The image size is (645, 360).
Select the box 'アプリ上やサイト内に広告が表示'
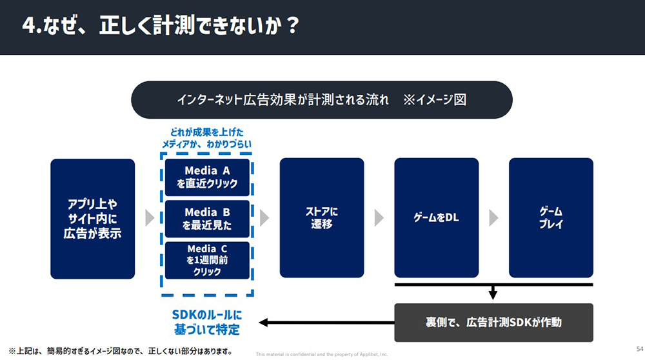[x=93, y=218]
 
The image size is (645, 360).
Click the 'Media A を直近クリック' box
[x=207, y=177]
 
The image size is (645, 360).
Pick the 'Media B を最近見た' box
[x=207, y=219]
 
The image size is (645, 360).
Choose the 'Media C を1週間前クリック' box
[x=207, y=259]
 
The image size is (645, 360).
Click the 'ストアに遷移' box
[x=322, y=218]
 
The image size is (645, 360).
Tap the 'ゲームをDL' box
[x=436, y=218]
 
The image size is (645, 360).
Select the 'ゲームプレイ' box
[x=551, y=218]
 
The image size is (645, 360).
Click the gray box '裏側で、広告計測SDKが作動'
[x=493, y=322]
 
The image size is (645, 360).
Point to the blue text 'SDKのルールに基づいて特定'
[x=206, y=322]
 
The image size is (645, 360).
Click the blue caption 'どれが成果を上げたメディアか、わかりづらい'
[x=207, y=139]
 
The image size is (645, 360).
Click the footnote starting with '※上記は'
[x=120, y=352]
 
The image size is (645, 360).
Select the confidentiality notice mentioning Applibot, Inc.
[x=321, y=354]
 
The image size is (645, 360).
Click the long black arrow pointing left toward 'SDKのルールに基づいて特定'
[x=322, y=322]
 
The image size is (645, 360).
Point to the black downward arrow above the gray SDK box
[x=493, y=293]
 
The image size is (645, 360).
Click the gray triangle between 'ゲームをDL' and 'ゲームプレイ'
[x=493, y=218]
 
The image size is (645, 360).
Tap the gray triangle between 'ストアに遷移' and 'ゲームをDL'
[x=379, y=218]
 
